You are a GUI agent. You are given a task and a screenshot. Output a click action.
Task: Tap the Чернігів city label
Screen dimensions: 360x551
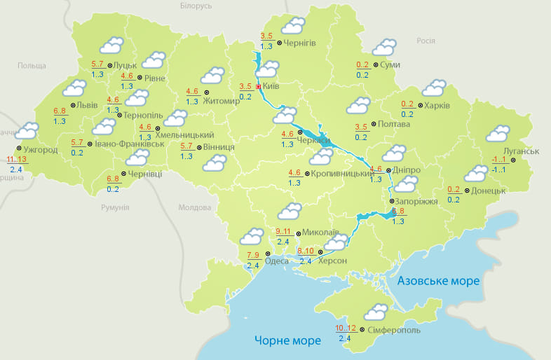300,43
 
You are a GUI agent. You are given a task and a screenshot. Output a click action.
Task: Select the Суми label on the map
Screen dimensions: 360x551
391,64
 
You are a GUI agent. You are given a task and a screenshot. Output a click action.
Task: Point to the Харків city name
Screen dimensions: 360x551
437,106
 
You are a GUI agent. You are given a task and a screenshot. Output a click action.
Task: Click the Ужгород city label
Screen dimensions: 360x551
40,150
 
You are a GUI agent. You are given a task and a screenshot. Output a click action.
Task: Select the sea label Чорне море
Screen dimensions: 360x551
287,340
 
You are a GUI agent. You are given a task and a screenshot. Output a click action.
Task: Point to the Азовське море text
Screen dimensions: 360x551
438,281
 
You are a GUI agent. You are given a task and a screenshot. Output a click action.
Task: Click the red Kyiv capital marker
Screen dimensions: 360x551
258,87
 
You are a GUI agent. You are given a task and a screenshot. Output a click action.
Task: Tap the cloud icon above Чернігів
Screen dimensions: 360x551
292,27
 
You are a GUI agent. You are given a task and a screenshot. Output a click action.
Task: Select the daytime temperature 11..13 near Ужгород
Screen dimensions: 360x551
17,160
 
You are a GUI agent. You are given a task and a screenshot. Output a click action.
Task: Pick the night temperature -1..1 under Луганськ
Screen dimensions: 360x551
500,170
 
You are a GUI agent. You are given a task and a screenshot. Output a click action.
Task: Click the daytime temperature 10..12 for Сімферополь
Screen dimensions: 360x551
346,328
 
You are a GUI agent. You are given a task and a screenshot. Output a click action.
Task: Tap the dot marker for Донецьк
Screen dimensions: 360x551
467,190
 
